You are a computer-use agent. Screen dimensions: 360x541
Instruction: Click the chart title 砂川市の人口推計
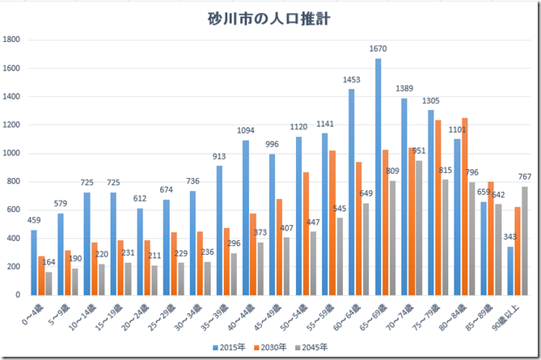pyautogui.click(x=270, y=17)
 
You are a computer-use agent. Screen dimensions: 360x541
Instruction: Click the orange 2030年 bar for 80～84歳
pyautogui.click(x=464, y=206)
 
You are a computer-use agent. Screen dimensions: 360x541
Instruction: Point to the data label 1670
pyautogui.click(x=378, y=50)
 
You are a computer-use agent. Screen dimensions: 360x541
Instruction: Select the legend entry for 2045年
pyautogui.click(x=312, y=347)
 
